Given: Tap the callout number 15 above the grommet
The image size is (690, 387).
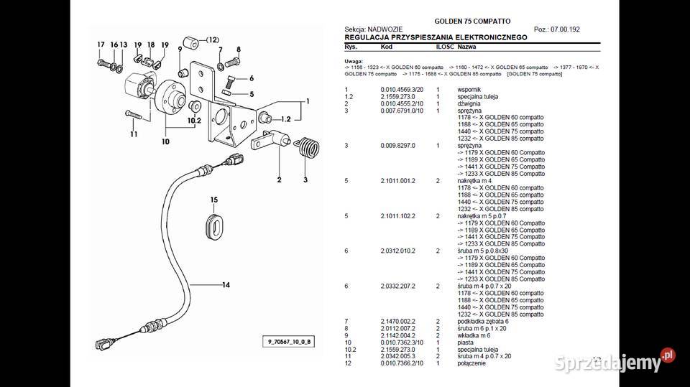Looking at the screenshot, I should click(213, 199).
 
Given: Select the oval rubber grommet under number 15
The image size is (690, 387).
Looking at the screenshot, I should click(214, 225).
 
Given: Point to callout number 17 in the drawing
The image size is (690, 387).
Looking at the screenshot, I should click(101, 45).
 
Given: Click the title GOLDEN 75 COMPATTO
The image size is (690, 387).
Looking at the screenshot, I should click(472, 22).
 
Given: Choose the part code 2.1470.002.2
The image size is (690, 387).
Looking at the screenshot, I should click(397, 321).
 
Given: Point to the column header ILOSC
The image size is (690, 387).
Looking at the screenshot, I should click(444, 45).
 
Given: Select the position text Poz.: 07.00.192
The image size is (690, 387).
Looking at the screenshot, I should click(557, 29).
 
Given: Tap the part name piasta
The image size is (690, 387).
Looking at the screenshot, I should click(466, 342).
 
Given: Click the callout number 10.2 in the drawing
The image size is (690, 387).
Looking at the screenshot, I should click(193, 121).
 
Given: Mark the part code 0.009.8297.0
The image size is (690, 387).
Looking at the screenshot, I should click(397, 146).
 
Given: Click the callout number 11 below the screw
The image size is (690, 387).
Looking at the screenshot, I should click(134, 134).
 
